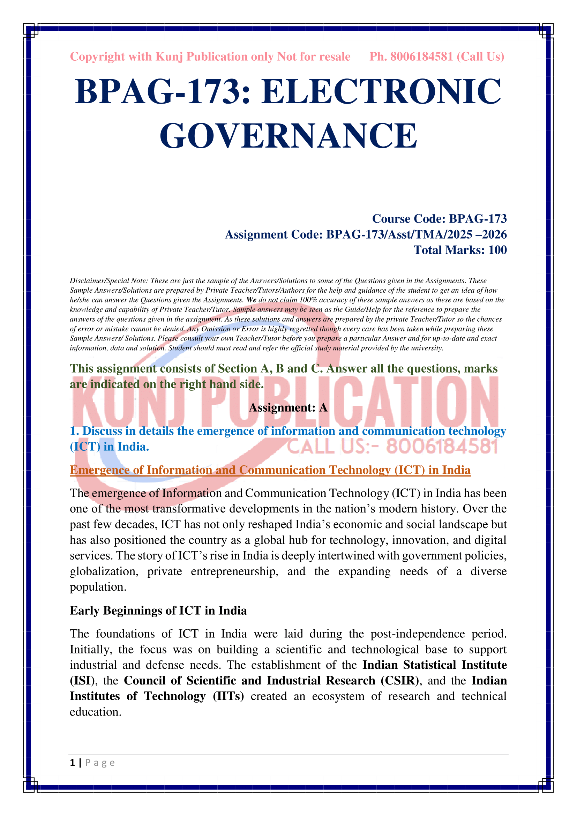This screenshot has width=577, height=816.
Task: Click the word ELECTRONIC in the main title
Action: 381,92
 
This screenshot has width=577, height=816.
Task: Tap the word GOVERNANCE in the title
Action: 288,135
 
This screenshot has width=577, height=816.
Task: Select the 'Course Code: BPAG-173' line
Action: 439,219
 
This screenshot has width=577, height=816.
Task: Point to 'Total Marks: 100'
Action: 460,250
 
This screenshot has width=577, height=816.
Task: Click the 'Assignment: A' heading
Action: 288,407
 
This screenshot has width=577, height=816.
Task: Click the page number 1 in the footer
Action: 73,763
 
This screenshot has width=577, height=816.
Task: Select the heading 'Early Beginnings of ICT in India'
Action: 158,610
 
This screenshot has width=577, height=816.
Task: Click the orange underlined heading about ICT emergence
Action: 270,470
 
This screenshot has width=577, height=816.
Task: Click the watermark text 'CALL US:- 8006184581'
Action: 392,447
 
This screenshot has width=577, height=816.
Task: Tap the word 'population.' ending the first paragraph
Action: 98,587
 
